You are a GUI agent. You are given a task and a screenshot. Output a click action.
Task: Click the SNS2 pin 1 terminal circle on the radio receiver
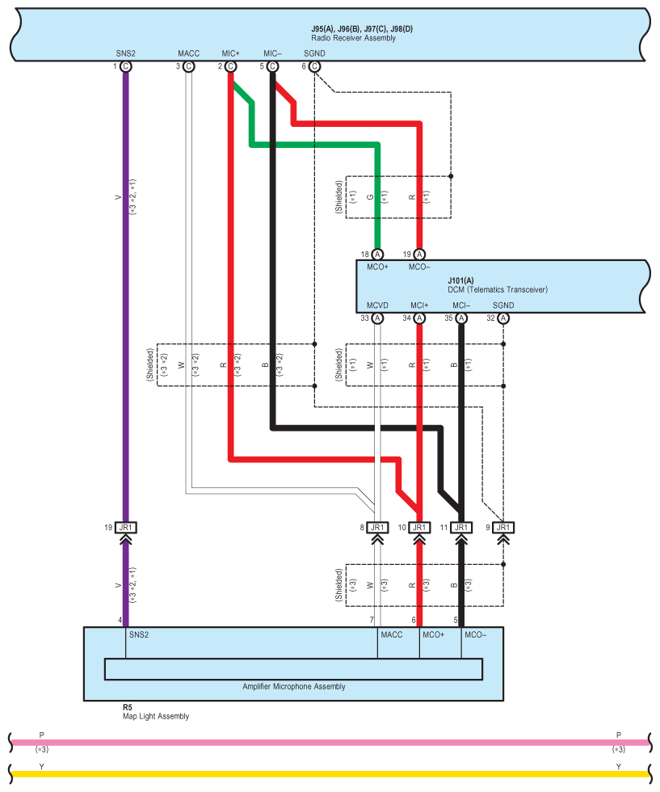(x=126, y=66)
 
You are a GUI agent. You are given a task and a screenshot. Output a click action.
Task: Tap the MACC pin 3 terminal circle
(x=188, y=66)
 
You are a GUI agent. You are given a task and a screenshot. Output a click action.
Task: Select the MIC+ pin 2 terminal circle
(x=231, y=66)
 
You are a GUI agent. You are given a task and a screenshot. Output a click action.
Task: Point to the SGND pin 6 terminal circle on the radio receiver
(x=314, y=66)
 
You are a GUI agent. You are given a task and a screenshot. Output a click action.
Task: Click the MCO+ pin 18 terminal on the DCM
(x=377, y=255)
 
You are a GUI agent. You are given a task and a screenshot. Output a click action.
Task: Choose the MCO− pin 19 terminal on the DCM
(x=419, y=255)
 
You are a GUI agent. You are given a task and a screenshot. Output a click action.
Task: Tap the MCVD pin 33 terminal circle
(x=377, y=318)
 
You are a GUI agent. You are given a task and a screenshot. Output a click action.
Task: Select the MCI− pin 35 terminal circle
(x=461, y=318)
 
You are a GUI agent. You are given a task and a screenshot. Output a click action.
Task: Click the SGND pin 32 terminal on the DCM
(x=503, y=318)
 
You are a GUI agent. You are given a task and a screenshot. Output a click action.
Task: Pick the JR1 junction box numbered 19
(x=126, y=527)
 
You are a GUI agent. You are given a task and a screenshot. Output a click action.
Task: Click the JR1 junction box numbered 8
(x=377, y=527)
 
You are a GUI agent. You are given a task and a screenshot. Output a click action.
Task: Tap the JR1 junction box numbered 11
(x=461, y=527)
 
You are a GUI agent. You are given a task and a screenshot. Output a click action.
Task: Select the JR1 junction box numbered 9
(x=503, y=527)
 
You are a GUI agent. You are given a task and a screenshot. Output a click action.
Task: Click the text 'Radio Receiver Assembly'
(x=354, y=38)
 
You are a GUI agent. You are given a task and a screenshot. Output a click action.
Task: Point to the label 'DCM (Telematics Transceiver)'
(x=498, y=289)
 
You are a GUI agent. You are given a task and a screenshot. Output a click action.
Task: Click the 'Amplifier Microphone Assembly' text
(x=294, y=686)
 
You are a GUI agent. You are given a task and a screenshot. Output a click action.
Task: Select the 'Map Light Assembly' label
(x=156, y=716)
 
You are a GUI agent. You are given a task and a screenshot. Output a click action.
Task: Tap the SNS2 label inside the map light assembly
(x=139, y=635)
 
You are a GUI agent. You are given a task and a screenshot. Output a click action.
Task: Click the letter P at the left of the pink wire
(x=41, y=735)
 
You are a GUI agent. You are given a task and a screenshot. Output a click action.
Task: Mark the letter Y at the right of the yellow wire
(x=619, y=767)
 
